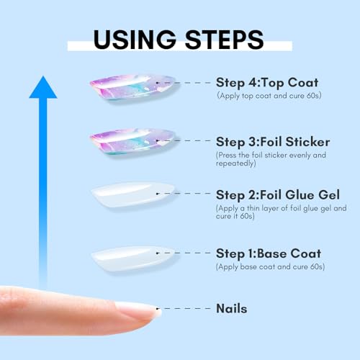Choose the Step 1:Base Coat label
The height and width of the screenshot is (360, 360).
coord(268,253)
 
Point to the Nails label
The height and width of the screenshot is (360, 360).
coord(231,308)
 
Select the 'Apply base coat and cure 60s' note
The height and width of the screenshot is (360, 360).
coord(269,266)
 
